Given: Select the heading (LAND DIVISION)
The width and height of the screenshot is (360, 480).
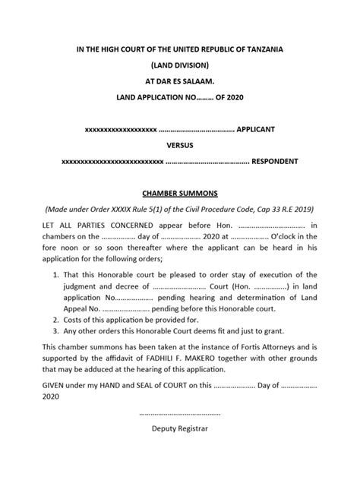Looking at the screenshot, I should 180,66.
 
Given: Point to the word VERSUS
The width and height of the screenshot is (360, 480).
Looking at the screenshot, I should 180,146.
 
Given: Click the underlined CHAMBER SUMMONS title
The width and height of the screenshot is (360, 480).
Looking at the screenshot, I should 180,194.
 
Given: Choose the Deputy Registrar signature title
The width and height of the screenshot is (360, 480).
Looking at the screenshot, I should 180,428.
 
